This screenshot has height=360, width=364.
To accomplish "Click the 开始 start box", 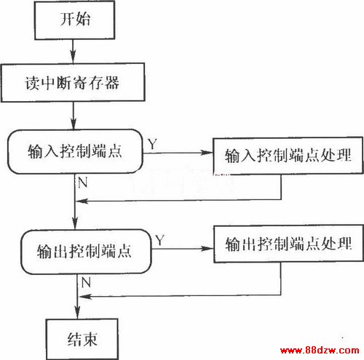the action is click(74, 20).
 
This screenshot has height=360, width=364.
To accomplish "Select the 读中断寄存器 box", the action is click(73, 82).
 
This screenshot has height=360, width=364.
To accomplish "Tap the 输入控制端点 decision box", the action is click(75, 151).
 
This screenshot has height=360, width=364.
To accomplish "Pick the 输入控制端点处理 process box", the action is click(288, 156).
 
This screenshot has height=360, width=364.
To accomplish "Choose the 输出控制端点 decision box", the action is click(86, 252).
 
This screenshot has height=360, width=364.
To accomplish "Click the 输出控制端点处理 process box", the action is click(288, 244).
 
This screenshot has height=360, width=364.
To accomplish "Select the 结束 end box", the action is click(82, 339).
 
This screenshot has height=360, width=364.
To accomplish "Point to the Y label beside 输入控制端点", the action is click(152, 144).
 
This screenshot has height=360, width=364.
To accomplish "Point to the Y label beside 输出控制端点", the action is click(160, 240).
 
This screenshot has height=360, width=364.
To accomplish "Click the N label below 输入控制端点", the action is click(83, 183).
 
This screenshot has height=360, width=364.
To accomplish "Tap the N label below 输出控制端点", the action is click(86, 283).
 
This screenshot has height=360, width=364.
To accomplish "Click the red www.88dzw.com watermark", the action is click(320, 350).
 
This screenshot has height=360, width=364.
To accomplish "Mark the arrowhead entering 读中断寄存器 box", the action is click(73, 57).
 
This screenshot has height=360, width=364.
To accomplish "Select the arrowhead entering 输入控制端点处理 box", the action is click(206, 153).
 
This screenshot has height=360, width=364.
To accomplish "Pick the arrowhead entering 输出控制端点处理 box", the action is click(207, 249).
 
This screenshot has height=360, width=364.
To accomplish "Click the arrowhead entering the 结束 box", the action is click(77, 312).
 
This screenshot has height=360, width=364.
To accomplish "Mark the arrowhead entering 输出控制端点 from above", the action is click(75, 223).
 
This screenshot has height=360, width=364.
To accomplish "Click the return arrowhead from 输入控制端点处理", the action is click(82, 201).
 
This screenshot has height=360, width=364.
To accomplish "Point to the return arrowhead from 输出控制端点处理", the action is click(85, 297).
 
